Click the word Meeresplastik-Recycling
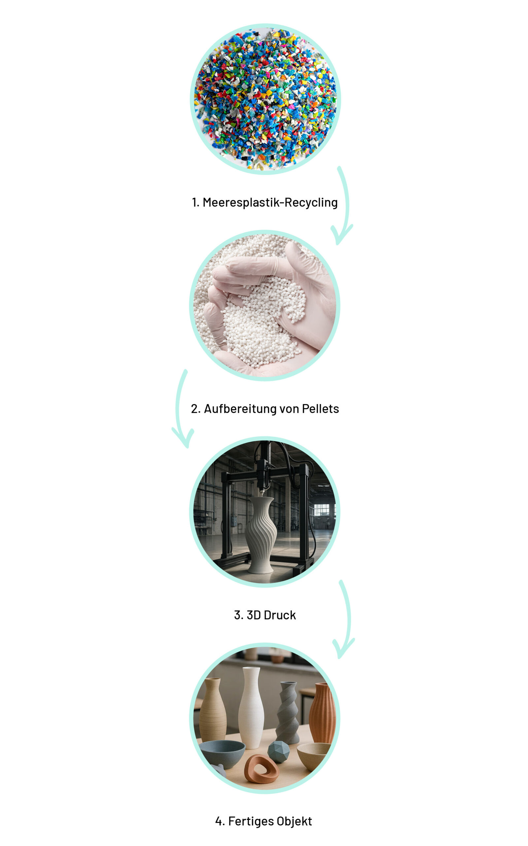[270, 202]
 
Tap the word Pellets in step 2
[320, 409]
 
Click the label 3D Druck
[265, 615]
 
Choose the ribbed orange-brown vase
[322, 712]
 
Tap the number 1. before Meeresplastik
[195, 202]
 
